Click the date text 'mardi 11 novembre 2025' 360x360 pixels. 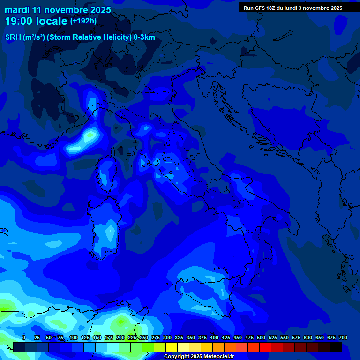58,10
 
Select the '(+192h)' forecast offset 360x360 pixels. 83,21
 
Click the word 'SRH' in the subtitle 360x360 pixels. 13,37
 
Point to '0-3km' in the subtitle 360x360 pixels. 144,37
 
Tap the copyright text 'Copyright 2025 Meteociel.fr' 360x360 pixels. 198,356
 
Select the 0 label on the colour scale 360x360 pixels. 24,337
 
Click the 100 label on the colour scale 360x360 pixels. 74,337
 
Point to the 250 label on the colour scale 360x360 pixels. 144,337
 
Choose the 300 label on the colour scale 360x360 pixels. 167,337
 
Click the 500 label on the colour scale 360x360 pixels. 261,337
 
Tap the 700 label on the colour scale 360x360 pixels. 343,337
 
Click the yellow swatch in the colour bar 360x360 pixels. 172,347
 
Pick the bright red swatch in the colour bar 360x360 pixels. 265,347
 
